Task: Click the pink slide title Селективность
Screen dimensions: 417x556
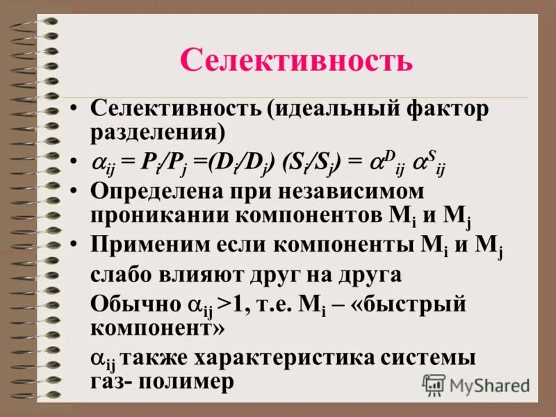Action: [x=296, y=60]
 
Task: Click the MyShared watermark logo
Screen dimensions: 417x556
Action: [x=477, y=384]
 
